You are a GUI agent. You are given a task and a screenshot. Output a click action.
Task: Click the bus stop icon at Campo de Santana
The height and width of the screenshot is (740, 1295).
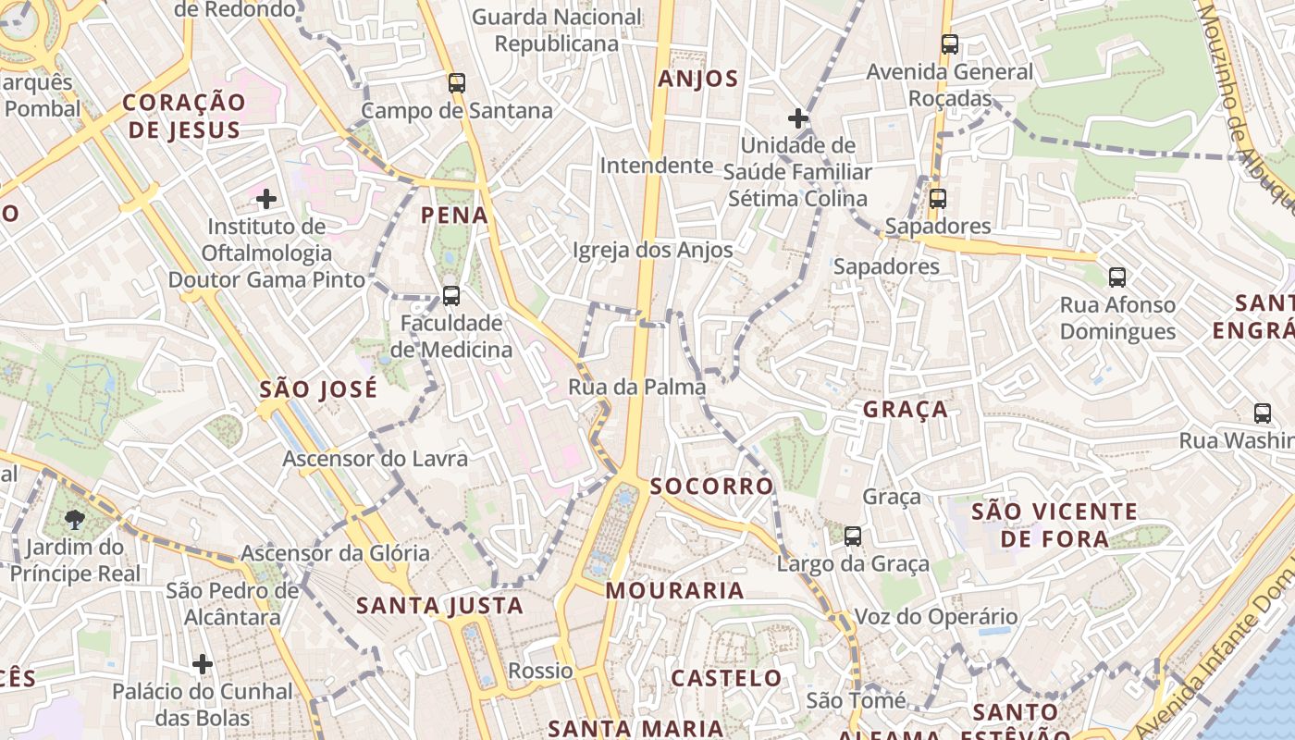456,83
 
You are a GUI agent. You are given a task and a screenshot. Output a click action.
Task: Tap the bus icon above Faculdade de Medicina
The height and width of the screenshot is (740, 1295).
450,296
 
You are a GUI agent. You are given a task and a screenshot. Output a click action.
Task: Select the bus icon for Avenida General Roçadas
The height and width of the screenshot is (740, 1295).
949,43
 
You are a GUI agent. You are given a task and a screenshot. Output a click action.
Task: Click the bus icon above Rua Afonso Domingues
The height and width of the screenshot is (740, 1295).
1116,277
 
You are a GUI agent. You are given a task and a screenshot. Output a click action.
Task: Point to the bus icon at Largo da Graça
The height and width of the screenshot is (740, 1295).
852,536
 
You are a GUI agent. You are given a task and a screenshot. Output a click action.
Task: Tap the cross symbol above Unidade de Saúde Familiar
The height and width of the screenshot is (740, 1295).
797,118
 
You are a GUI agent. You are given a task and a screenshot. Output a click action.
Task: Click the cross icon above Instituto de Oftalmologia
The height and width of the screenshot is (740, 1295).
266,198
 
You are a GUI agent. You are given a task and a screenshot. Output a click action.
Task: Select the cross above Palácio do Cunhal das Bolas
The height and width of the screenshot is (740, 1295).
203,663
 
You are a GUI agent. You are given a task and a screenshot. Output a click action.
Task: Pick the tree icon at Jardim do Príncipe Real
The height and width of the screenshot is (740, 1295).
75,519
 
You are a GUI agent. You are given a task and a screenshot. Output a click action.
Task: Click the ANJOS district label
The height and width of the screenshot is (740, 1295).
698,80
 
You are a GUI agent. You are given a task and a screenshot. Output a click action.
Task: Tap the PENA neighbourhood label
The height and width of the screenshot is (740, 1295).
454,216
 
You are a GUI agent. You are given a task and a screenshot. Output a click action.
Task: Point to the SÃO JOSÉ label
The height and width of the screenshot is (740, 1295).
318,389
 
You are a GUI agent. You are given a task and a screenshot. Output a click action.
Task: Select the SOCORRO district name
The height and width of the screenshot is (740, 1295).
711,487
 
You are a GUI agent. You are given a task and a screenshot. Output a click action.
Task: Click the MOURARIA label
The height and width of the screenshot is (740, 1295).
674,591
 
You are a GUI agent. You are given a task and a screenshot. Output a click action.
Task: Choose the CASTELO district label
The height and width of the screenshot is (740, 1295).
726,678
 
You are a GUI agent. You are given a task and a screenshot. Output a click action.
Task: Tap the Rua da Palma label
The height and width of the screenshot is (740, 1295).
636,387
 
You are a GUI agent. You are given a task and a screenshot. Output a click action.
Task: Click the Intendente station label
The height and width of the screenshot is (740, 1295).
657,166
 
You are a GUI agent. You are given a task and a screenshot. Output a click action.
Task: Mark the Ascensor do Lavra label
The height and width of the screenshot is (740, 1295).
375,459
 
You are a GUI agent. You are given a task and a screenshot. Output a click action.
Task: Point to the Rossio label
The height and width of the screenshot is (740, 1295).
540,671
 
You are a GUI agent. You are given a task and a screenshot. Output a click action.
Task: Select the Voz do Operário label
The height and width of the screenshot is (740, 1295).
935,617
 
